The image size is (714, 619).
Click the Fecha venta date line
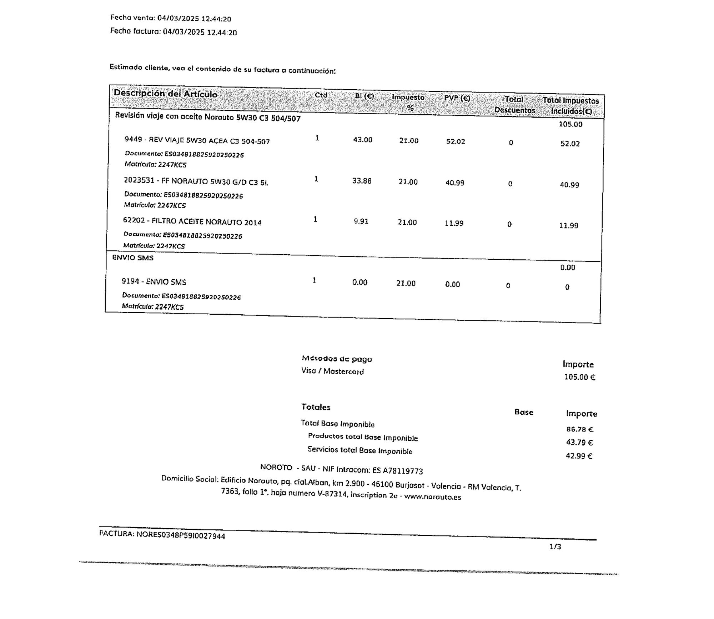[171, 18]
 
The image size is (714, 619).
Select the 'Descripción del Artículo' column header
[165, 94]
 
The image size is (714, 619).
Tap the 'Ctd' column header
[321, 95]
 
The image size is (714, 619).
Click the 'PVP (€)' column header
[457, 98]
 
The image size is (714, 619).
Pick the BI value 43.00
[363, 140]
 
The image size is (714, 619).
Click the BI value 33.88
[362, 181]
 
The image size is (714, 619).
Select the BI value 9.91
[361, 221]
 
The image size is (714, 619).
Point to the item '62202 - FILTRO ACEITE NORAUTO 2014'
[192, 221]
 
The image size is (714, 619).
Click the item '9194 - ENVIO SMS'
[154, 281]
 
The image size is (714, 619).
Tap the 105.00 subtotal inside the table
[570, 124]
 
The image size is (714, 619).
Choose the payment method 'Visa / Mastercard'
[332, 371]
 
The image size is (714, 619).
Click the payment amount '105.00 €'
[579, 377]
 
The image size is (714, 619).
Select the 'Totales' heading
[316, 407]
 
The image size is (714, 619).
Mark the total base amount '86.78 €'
[579, 429]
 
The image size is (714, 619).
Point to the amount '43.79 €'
[579, 443]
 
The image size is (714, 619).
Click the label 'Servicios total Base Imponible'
[360, 450]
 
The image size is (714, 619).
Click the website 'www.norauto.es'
[432, 497]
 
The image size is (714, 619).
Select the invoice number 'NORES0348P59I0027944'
[181, 535]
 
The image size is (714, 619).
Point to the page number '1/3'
[555, 546]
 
